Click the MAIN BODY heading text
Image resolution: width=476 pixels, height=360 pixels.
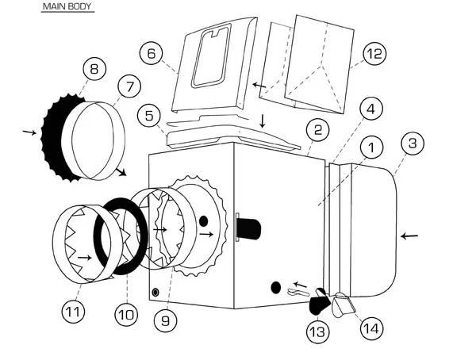[67, 7]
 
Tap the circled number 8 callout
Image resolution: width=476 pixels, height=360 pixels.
[95, 70]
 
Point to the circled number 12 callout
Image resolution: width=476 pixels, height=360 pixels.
[374, 54]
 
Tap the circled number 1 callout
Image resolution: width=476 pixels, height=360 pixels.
[370, 147]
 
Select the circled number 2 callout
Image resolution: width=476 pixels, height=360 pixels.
[317, 129]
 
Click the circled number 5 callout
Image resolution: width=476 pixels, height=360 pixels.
[148, 116]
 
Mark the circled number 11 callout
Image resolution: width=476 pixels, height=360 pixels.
[73, 312]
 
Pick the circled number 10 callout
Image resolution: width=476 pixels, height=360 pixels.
[125, 314]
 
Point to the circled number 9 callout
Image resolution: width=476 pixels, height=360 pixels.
[167, 321]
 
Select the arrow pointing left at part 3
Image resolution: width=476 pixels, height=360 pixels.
[409, 236]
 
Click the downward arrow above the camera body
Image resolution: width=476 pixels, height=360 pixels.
[263, 121]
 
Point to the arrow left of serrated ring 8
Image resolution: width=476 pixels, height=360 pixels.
[29, 131]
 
